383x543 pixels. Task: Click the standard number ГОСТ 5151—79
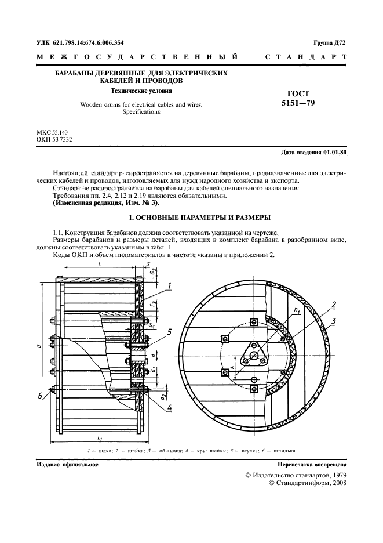coord(298,99)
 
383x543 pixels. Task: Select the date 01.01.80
coord(334,153)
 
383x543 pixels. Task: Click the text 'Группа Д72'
coord(329,42)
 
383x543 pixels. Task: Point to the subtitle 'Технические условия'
coord(141,91)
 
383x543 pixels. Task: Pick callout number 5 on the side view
coord(169,332)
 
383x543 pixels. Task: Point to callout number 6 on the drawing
coord(41,396)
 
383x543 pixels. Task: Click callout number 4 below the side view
coord(169,408)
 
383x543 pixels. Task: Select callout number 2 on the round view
coord(334,305)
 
